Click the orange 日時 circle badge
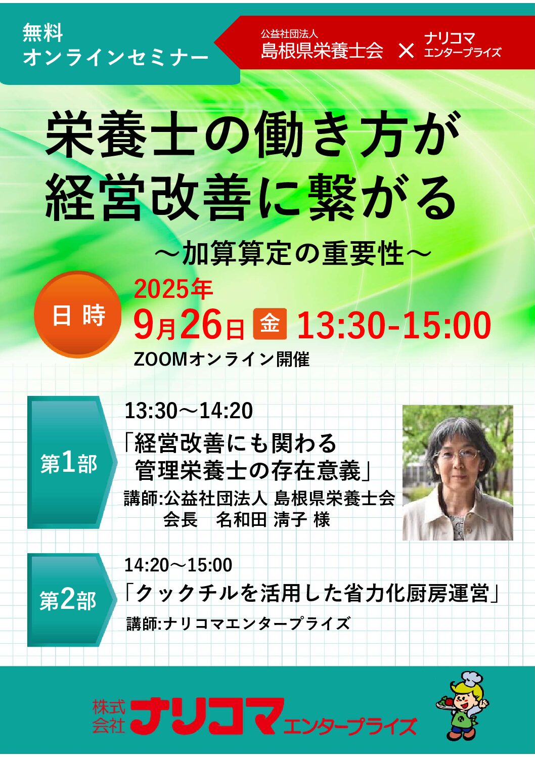coord(78,315)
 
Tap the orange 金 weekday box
coord(270,324)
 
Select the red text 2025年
coord(173,290)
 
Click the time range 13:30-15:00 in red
coord(394,325)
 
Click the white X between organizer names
coord(406,51)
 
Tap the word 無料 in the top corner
coord(42,33)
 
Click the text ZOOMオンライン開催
coord(221,360)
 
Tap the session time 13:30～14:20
coord(189,411)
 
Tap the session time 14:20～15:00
coord(179,565)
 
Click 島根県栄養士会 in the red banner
coord(322,51)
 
